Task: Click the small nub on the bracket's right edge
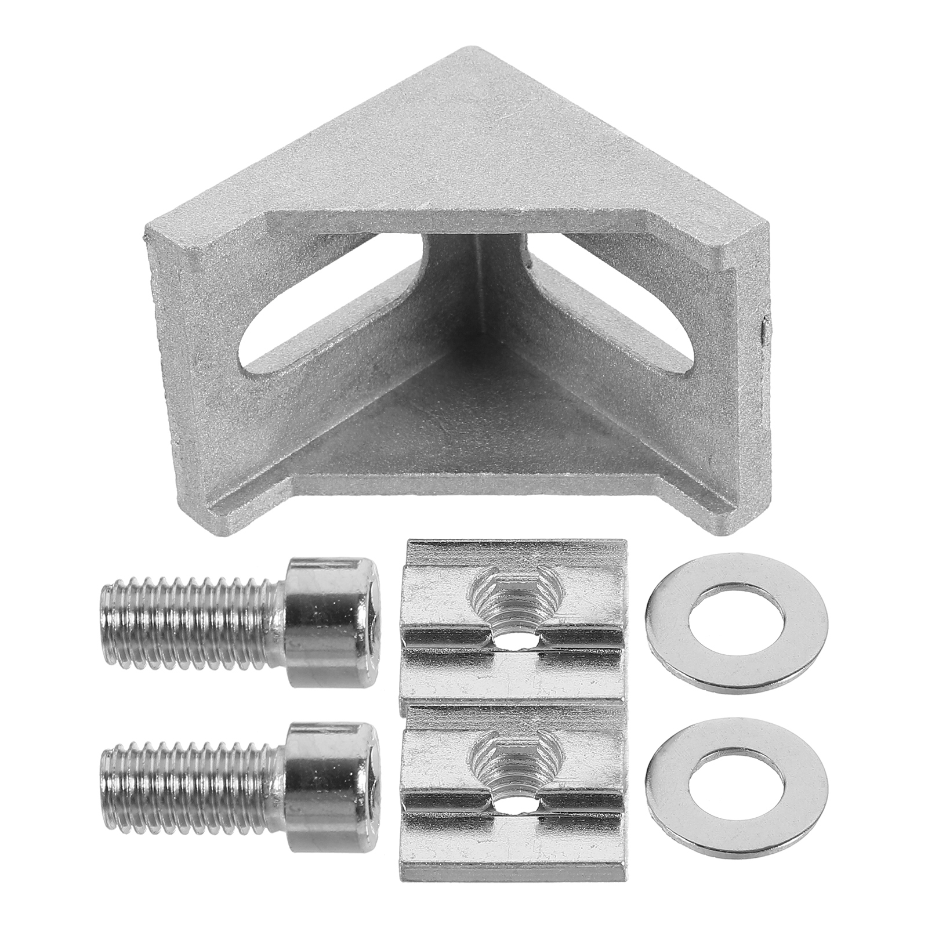764,328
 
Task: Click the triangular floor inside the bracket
464,418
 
